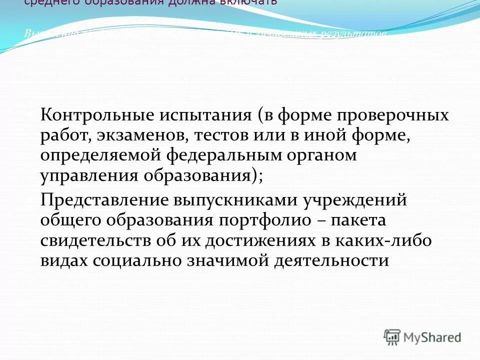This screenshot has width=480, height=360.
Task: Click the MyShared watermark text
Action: (433, 337)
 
